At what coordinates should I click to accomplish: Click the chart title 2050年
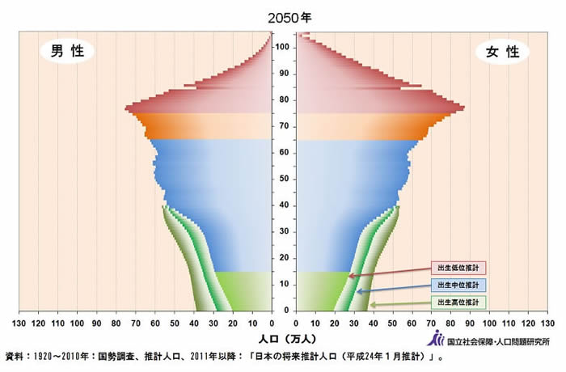(284, 16)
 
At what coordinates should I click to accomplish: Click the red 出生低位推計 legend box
(458, 268)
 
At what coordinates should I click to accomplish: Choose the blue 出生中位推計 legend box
(458, 285)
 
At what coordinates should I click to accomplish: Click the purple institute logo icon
(438, 338)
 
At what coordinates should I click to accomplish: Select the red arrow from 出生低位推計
(388, 273)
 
